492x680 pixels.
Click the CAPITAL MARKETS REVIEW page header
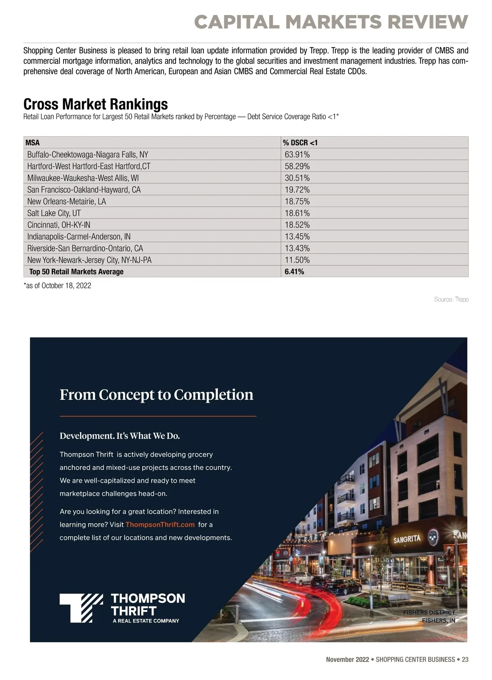click(331, 22)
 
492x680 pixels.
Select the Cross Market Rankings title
click(96, 104)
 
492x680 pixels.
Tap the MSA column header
click(32, 143)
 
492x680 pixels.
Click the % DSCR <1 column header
click(300, 143)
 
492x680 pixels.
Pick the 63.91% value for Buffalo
click(297, 155)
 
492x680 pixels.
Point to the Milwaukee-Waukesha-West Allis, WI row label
click(83, 178)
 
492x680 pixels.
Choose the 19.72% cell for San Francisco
click(297, 190)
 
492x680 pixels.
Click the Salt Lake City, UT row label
click(54, 213)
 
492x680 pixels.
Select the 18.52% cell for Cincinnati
click(297, 225)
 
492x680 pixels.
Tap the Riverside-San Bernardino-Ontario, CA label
click(85, 248)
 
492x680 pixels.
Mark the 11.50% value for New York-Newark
click(297, 260)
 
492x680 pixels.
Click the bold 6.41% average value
click(294, 272)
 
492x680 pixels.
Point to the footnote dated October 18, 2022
click(57, 286)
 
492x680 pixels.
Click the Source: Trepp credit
click(451, 300)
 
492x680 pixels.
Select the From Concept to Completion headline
click(156, 394)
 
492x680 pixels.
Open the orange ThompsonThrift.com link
click(160, 524)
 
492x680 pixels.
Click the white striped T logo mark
click(81, 607)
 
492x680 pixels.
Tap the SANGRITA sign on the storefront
click(407, 539)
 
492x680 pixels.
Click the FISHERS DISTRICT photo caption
click(429, 612)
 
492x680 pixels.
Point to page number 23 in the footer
click(465, 659)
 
